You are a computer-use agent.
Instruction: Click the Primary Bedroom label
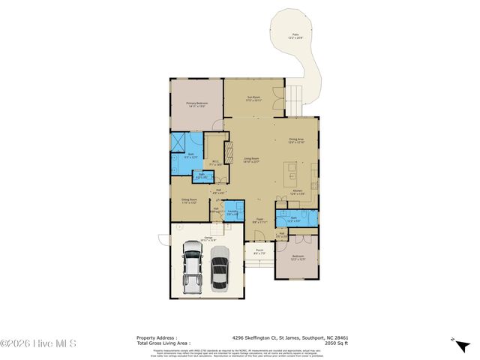point(196,104)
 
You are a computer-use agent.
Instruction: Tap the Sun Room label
point(254,97)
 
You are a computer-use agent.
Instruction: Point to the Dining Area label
point(296,140)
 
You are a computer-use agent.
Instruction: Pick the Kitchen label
point(297,192)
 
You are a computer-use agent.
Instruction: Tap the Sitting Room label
point(188,201)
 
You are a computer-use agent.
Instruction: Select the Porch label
point(259,253)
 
